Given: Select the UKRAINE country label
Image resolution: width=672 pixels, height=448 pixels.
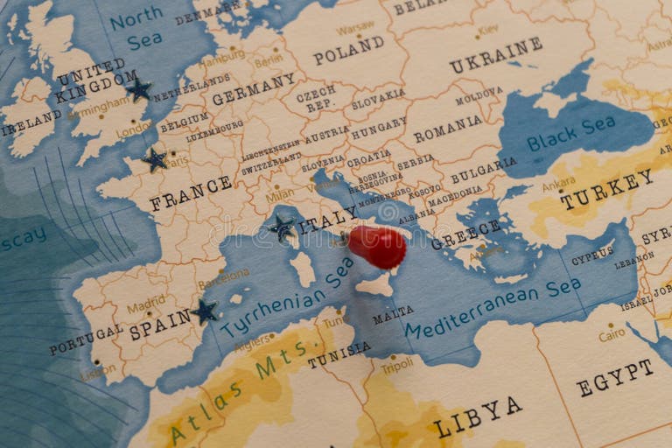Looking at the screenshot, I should point(495,54).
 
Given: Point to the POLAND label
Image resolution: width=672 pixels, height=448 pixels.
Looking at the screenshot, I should point(348,50).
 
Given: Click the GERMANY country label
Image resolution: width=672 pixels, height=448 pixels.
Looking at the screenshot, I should point(254,89).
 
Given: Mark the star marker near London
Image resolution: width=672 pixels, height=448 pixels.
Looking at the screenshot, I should point(137,88).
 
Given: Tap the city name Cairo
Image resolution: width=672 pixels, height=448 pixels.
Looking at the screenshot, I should point(612,335).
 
